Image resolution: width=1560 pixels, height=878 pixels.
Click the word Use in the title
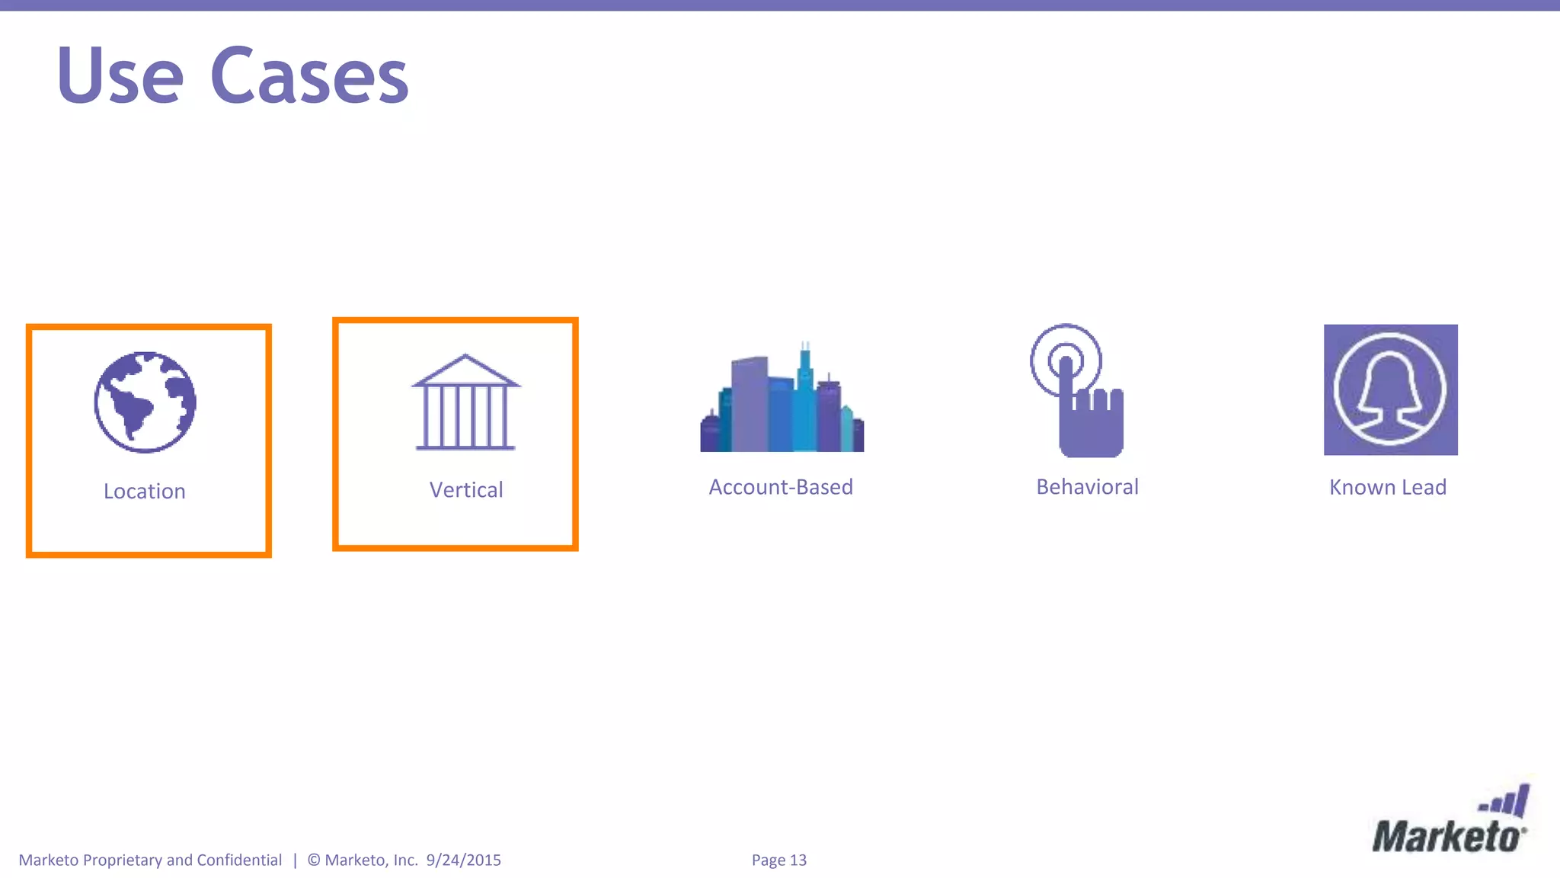point(120,76)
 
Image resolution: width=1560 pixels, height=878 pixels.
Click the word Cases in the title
point(309,76)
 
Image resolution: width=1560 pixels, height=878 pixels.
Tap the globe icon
point(145,402)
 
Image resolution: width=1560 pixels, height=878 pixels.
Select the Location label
point(145,492)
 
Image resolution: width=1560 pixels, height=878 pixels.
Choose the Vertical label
point(466,490)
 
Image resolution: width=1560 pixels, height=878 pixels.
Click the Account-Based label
point(781,487)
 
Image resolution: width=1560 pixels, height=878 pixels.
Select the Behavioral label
point(1087,487)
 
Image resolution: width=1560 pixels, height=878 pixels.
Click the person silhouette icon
point(1391,389)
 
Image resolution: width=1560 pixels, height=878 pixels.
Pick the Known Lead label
point(1388,488)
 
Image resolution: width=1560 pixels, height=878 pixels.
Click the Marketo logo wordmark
point(1447,837)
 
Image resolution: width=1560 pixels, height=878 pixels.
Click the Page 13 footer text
point(779,860)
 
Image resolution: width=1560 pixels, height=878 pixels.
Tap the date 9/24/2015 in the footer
point(464,860)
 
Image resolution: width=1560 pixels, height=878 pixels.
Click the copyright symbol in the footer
point(314,860)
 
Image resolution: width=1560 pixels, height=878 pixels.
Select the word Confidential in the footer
point(239,860)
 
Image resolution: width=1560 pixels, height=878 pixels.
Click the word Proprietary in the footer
point(122,860)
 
